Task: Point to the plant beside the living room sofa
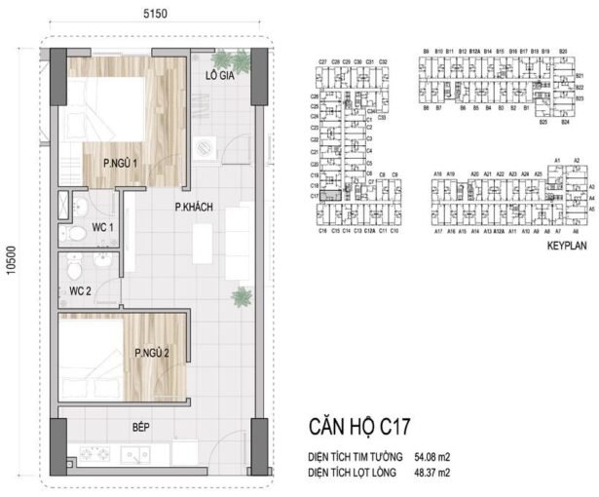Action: [240, 296]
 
